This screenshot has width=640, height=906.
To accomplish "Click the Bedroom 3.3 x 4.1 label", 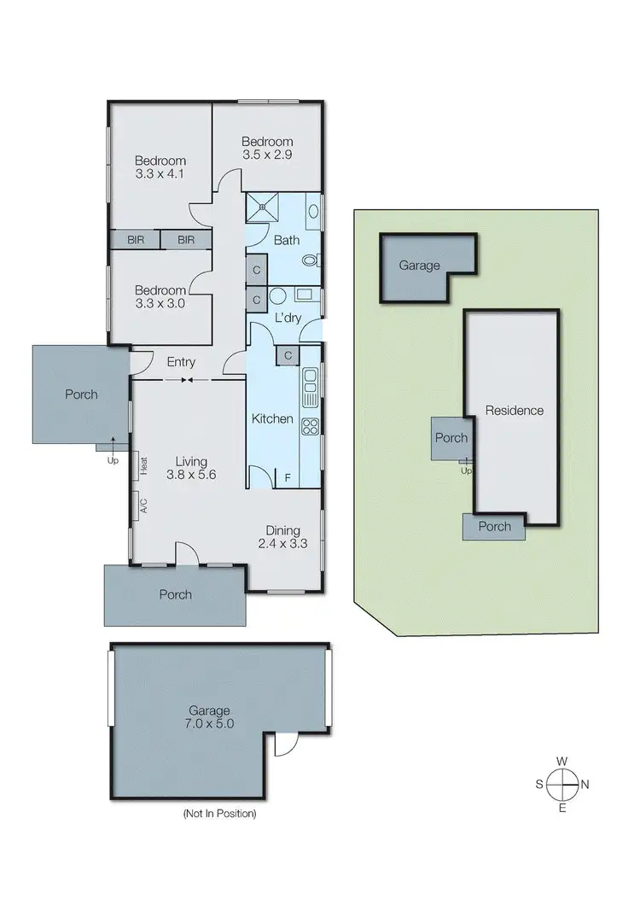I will click(160, 167).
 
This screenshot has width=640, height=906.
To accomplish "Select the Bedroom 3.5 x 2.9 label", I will click(267, 149).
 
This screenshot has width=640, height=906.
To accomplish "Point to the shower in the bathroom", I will click(265, 205).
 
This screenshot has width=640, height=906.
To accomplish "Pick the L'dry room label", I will click(286, 318).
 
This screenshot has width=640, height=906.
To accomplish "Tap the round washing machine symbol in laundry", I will click(277, 297).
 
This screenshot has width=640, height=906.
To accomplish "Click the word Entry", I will click(181, 362).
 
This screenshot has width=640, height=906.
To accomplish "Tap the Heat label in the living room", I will click(144, 466).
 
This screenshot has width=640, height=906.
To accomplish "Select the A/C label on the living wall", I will click(143, 506).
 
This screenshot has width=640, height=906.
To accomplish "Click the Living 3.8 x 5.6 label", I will click(187, 465).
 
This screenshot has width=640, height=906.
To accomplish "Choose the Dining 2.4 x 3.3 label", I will click(282, 535).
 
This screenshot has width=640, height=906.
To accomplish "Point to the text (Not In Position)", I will click(219, 814).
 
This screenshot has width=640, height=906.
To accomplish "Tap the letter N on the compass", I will click(585, 784).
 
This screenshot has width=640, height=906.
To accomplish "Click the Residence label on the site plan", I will click(514, 411).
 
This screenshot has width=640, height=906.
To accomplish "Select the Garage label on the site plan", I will click(419, 266).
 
